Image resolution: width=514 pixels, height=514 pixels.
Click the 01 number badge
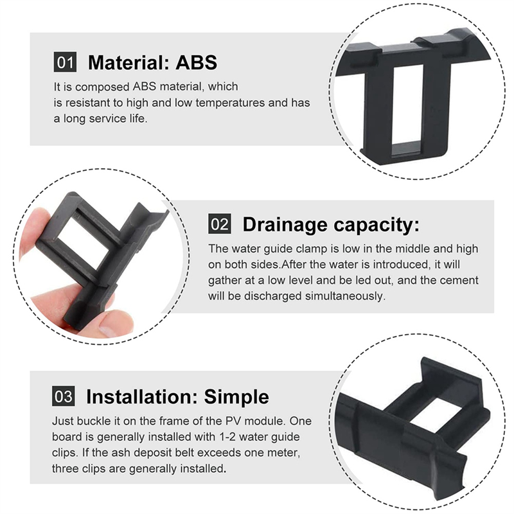(64, 62)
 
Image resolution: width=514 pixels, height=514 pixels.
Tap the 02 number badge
(219, 224)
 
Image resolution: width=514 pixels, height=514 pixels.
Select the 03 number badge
(63, 396)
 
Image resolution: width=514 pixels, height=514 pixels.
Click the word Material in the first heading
(127, 62)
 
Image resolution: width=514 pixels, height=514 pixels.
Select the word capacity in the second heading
(381, 224)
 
